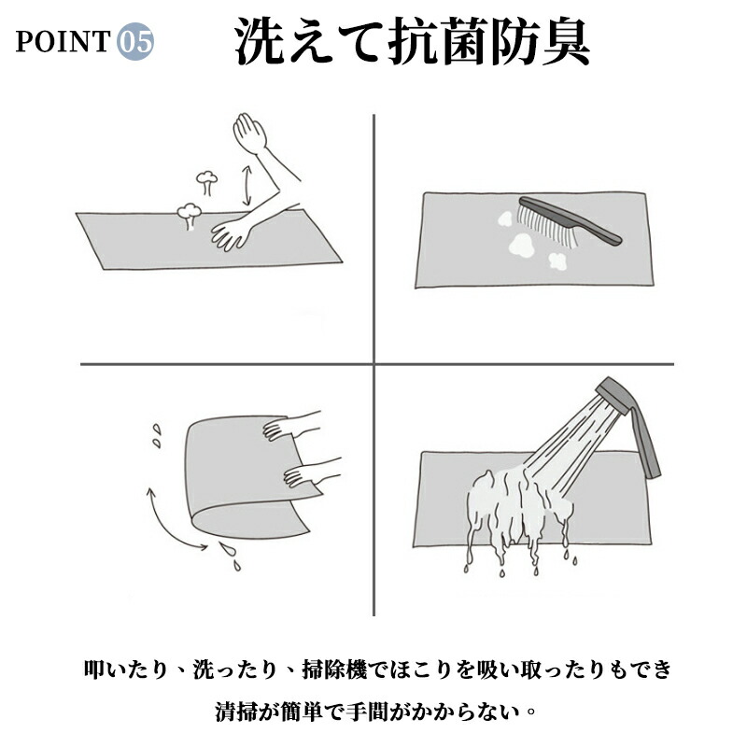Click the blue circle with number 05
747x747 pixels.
[135, 41]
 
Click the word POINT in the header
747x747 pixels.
[63, 41]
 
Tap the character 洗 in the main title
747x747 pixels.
[260, 41]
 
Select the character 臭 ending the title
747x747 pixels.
[567, 41]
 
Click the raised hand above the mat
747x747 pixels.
[249, 133]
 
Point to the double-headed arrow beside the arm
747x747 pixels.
[247, 186]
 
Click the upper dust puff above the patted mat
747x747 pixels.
[207, 182]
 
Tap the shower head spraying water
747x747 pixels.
[613, 394]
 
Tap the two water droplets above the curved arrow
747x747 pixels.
[156, 436]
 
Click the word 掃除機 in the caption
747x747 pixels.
[335, 669]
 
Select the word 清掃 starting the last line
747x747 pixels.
[237, 712]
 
